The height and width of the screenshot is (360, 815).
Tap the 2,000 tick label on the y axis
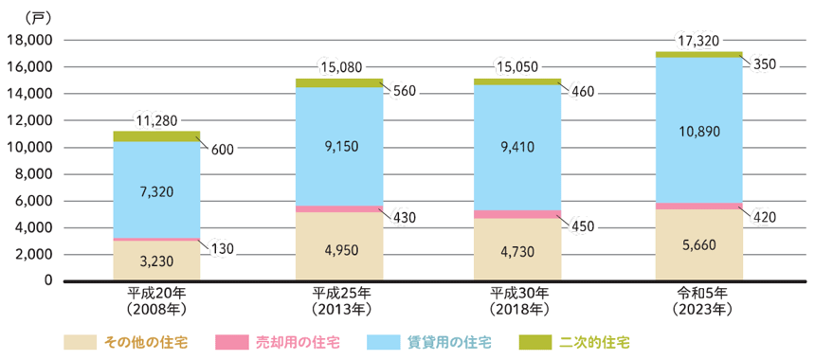pos(32,255)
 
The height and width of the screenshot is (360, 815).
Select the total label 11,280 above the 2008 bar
pos(155,121)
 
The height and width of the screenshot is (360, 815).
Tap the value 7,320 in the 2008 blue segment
pos(155,191)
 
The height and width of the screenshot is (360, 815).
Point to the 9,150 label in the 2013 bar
pos(338,147)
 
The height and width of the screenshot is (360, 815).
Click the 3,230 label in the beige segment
pos(155,261)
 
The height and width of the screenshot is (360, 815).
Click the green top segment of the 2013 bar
pos(338,82)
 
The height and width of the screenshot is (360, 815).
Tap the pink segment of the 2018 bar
pos(517,214)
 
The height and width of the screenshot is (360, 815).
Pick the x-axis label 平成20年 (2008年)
pos(156,300)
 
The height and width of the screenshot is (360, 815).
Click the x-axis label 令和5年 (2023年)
pos(697,300)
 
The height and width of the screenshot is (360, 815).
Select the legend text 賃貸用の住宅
pos(444,341)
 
